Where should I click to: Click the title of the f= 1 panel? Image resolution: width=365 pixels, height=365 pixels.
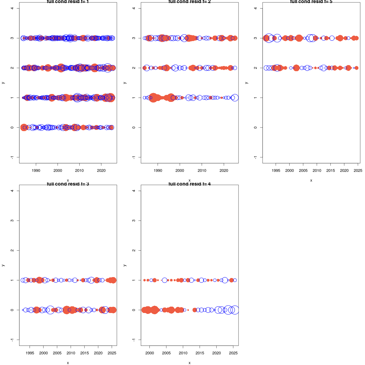68,2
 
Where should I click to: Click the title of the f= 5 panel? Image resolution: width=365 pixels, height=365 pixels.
311,2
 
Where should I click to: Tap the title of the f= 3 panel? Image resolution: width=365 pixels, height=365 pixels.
68,184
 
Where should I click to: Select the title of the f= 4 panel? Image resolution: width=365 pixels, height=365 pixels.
189,184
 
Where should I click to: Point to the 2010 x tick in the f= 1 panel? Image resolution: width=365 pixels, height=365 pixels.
79,171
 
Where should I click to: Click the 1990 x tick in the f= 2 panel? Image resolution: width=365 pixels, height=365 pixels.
158,171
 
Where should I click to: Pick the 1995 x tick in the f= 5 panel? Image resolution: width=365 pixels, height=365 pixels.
276,171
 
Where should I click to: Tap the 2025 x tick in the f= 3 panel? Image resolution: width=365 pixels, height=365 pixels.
112,353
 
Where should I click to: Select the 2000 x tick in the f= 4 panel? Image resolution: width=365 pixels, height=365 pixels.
150,353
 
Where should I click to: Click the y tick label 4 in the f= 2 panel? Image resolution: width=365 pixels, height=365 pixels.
134,8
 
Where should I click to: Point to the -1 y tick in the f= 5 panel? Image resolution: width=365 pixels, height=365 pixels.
255,157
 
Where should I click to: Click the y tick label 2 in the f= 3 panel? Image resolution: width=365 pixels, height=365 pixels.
12,250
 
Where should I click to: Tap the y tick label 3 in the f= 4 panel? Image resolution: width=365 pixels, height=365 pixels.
134,221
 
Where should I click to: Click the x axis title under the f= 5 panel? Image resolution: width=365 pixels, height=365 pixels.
311,180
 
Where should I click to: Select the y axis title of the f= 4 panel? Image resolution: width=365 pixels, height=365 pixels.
125,265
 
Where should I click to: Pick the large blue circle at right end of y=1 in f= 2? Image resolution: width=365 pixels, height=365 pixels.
235,98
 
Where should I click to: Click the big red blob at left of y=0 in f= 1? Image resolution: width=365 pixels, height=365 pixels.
24,127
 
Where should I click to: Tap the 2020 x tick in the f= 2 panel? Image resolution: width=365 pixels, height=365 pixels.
224,171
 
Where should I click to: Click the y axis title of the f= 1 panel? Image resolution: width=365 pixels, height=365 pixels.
3,83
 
